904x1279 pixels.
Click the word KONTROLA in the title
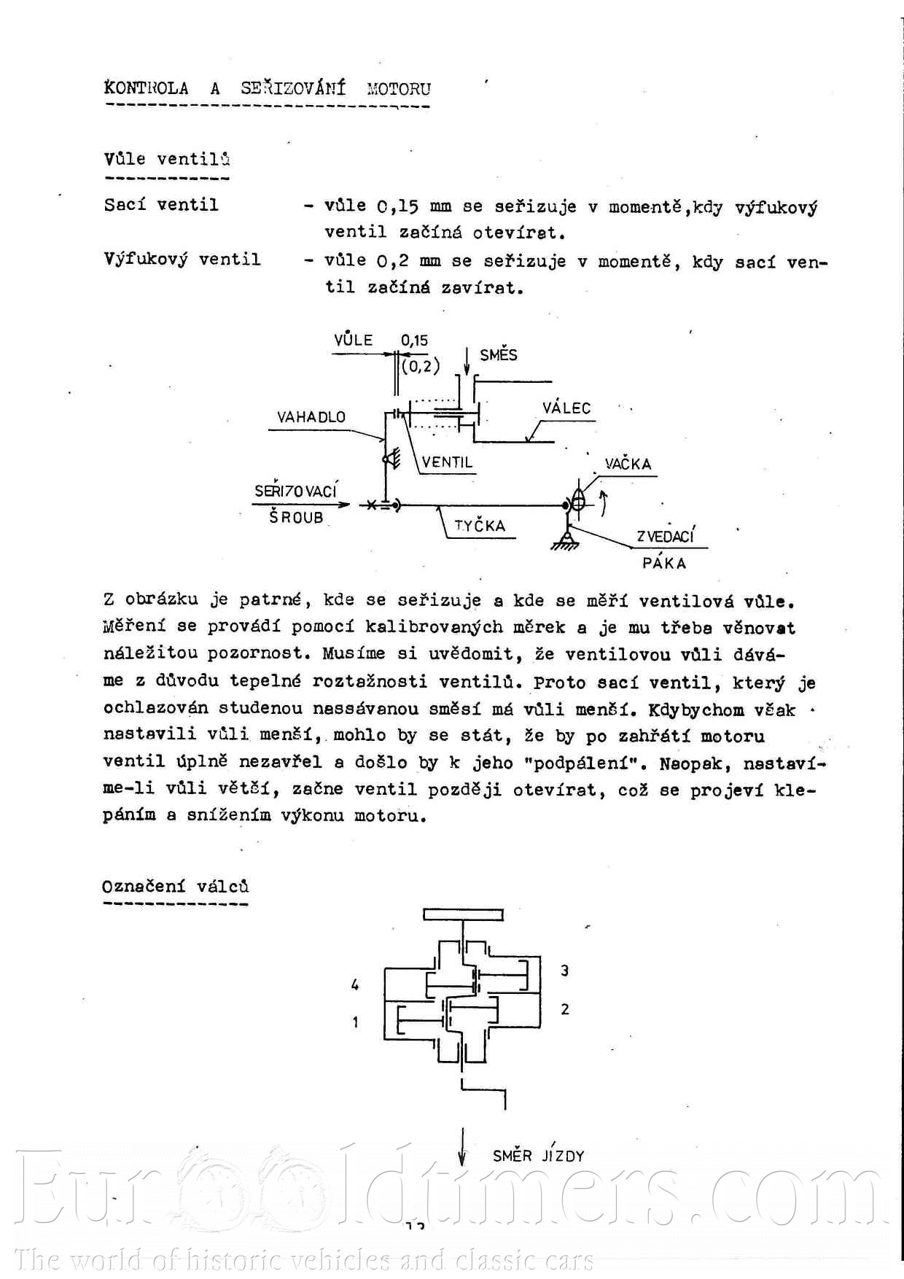147,89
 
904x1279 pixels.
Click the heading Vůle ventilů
167,159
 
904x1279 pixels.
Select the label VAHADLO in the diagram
311,417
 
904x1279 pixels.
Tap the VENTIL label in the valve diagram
447,462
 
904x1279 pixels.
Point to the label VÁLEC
566,408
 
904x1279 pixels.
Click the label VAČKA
628,464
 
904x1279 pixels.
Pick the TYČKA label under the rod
480,526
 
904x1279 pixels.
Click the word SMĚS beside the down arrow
499,355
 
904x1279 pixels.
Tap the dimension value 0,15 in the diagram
414,340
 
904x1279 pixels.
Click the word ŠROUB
296,518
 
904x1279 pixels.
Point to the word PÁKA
664,563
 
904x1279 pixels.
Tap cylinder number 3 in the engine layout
564,971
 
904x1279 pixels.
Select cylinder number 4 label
355,985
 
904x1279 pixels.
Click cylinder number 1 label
355,1022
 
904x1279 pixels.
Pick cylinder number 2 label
564,1009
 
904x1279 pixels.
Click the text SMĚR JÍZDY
538,1156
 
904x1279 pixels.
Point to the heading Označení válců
175,887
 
